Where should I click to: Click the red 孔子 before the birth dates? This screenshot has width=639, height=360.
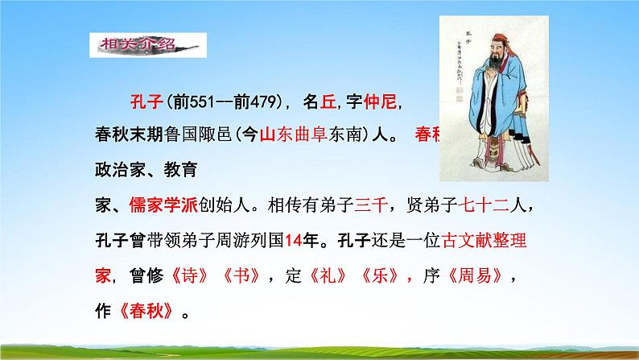146,103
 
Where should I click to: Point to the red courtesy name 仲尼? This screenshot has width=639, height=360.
381,103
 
